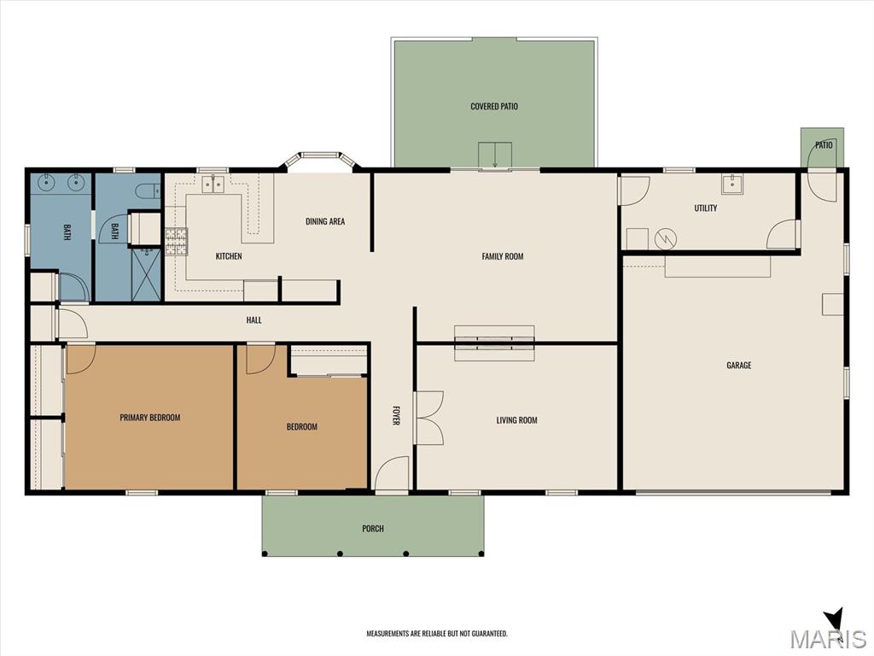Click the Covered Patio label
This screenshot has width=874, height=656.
pyautogui.click(x=494, y=106)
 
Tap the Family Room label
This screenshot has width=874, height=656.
pyautogui.click(x=502, y=256)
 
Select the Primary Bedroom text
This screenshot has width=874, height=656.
pyautogui.click(x=150, y=417)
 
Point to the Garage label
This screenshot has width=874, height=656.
pyautogui.click(x=738, y=366)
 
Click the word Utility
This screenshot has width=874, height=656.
pyautogui.click(x=705, y=208)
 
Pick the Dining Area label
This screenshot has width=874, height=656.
pyautogui.click(x=325, y=221)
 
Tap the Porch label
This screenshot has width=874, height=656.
pyautogui.click(x=373, y=528)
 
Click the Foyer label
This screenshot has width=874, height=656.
pyautogui.click(x=395, y=415)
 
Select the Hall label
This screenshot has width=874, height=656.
pyautogui.click(x=253, y=320)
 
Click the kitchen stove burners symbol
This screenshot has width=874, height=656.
pyautogui.click(x=176, y=242)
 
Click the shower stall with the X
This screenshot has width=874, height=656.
pyautogui.click(x=146, y=275)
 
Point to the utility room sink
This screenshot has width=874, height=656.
pyautogui.click(x=731, y=184)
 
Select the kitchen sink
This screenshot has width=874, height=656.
pyautogui.click(x=213, y=183)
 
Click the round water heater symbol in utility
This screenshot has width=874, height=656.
pyautogui.click(x=666, y=239)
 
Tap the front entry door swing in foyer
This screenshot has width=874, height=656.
pyautogui.click(x=392, y=474)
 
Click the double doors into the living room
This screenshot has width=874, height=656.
pyautogui.click(x=428, y=418)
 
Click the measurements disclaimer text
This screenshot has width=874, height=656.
pyautogui.click(x=437, y=634)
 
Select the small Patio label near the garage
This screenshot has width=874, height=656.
pyautogui.click(x=824, y=145)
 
